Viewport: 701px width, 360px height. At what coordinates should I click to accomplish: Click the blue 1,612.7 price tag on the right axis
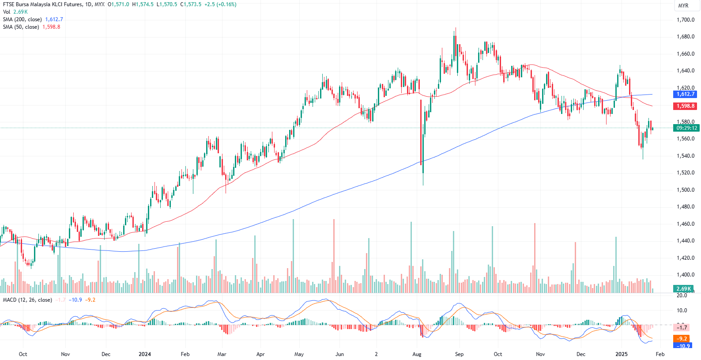[686, 94]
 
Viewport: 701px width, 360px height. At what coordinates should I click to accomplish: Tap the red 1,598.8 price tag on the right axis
[686, 106]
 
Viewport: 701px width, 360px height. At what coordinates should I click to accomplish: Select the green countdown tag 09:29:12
[686, 128]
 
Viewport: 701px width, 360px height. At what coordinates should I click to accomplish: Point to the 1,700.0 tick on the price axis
[686, 20]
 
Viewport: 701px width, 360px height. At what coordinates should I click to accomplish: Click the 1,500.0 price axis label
[686, 190]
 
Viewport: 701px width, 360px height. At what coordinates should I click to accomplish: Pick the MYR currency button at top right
[683, 6]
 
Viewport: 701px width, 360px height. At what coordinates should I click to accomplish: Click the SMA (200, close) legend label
[22, 19]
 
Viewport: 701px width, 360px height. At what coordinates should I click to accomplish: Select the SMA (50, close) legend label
[21, 27]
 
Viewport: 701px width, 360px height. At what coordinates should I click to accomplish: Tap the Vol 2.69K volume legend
[15, 12]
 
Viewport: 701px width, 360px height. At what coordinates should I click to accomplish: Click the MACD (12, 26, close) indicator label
[27, 300]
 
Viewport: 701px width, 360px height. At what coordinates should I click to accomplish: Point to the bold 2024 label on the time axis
[145, 354]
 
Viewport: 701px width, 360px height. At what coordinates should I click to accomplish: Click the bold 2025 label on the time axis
[622, 354]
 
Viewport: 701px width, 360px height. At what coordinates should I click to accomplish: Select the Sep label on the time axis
[460, 354]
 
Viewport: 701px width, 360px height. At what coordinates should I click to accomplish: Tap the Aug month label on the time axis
[417, 354]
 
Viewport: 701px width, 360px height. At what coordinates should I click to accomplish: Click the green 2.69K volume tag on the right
[683, 289]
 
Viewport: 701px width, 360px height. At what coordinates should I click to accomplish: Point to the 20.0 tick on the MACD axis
[682, 296]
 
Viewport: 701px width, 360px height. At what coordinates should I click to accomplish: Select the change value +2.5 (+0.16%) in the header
[220, 4]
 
